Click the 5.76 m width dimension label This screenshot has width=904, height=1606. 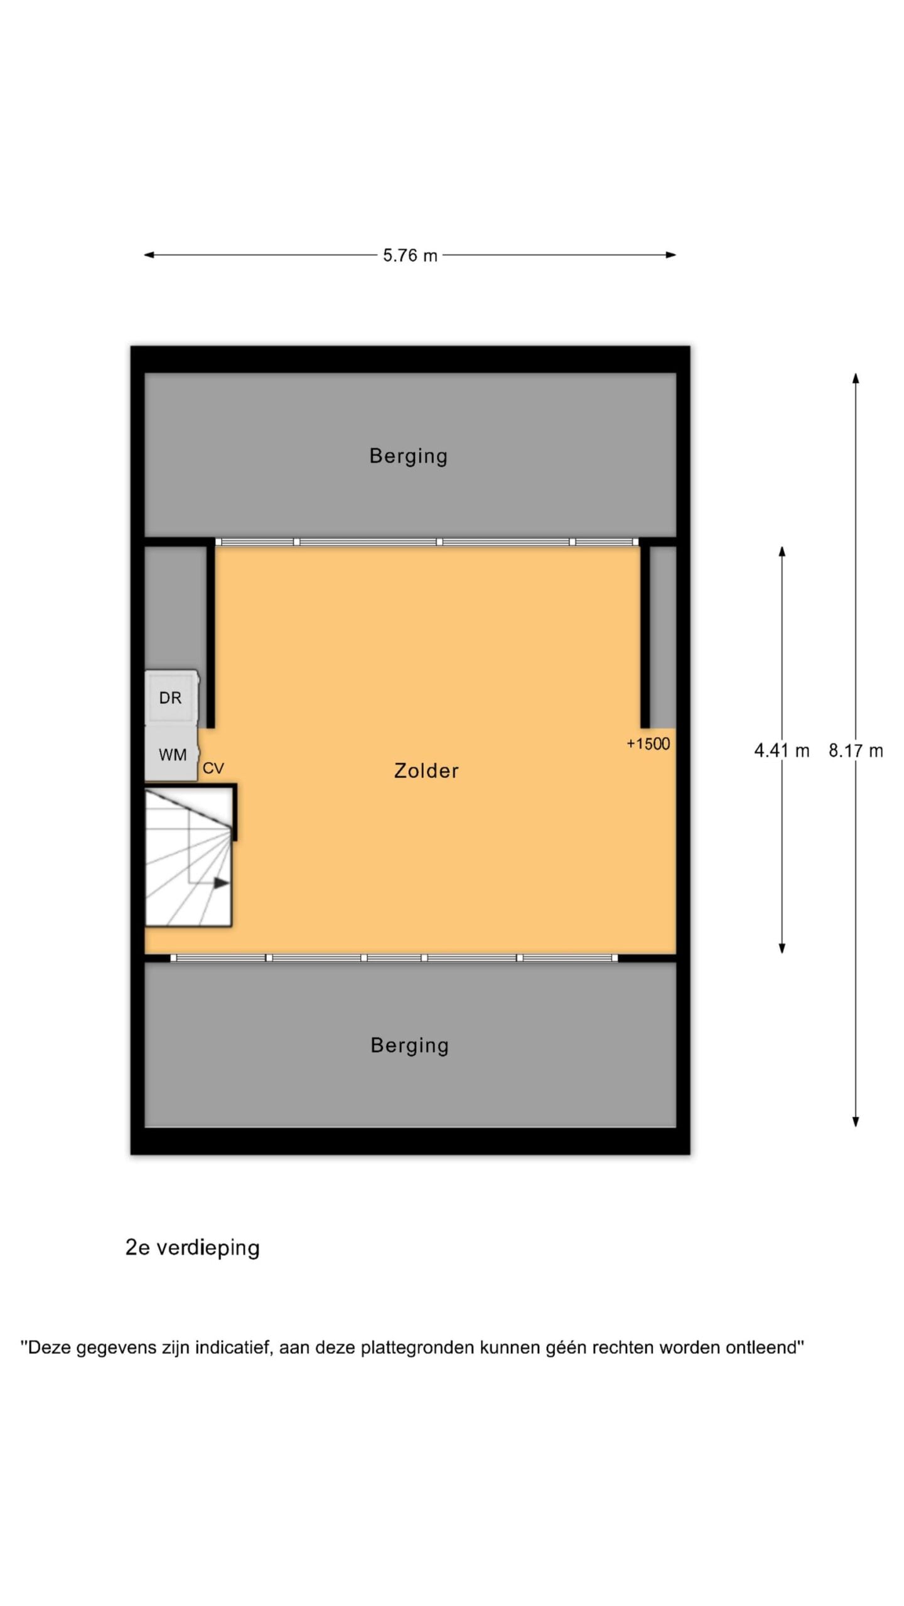tap(410, 255)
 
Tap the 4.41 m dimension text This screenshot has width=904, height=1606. tap(782, 750)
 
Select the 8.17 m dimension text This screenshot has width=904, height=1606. tap(856, 750)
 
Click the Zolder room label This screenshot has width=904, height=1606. tap(426, 770)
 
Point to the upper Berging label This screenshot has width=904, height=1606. tap(409, 456)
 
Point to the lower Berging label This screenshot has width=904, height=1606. tap(410, 1045)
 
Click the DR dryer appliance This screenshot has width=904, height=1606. tap(171, 698)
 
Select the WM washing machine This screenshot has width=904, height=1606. tap(171, 753)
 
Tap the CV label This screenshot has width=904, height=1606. tap(213, 768)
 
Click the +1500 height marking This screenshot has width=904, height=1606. tap(648, 744)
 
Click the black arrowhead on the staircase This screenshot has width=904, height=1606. tap(221, 883)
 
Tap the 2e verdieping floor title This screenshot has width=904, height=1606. tap(193, 1248)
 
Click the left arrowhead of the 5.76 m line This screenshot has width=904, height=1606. tap(149, 255)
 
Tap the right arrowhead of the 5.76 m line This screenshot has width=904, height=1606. tap(670, 255)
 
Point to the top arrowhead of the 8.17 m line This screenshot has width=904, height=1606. tap(856, 378)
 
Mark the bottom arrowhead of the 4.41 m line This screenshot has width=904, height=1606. tap(782, 948)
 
